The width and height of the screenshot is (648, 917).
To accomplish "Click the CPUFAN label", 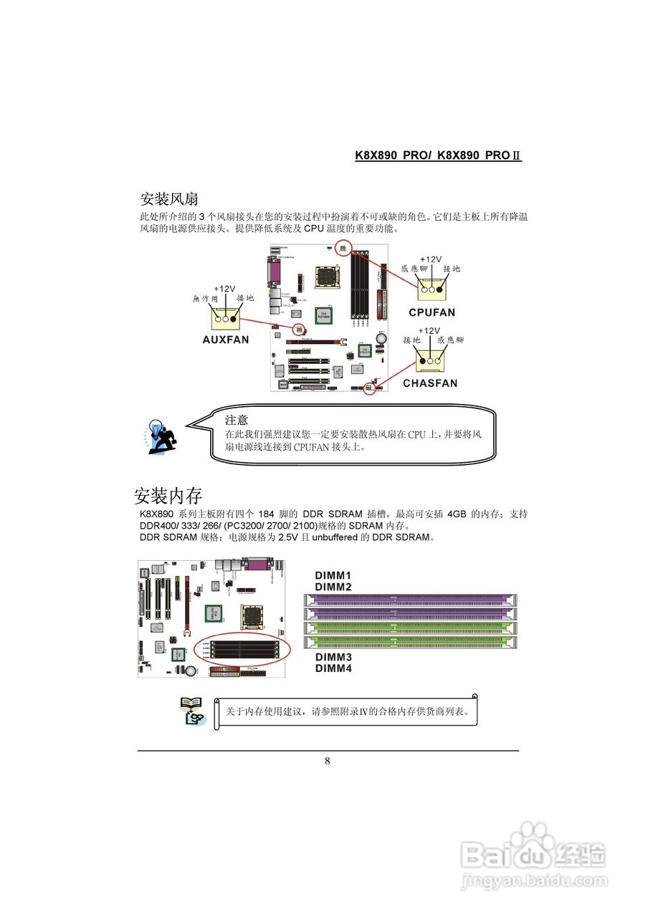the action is click(432, 313).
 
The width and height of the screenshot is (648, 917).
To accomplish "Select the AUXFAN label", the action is click(225, 340).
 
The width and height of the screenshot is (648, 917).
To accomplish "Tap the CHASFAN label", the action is click(429, 383).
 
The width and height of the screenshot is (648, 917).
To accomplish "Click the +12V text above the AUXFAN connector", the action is click(224, 289).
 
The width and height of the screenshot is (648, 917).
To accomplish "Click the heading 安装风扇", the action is click(168, 198).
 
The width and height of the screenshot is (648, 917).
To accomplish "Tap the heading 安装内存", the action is click(168, 495).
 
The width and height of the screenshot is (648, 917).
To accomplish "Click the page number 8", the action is click(328, 761).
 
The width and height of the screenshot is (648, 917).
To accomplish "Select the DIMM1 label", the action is click(333, 575).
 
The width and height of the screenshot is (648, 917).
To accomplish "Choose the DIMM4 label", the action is click(333, 668).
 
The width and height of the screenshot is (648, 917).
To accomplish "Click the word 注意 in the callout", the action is click(237, 420).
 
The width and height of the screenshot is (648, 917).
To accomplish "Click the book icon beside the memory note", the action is click(191, 711).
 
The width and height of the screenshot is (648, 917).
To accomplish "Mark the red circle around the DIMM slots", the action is click(242, 634).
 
